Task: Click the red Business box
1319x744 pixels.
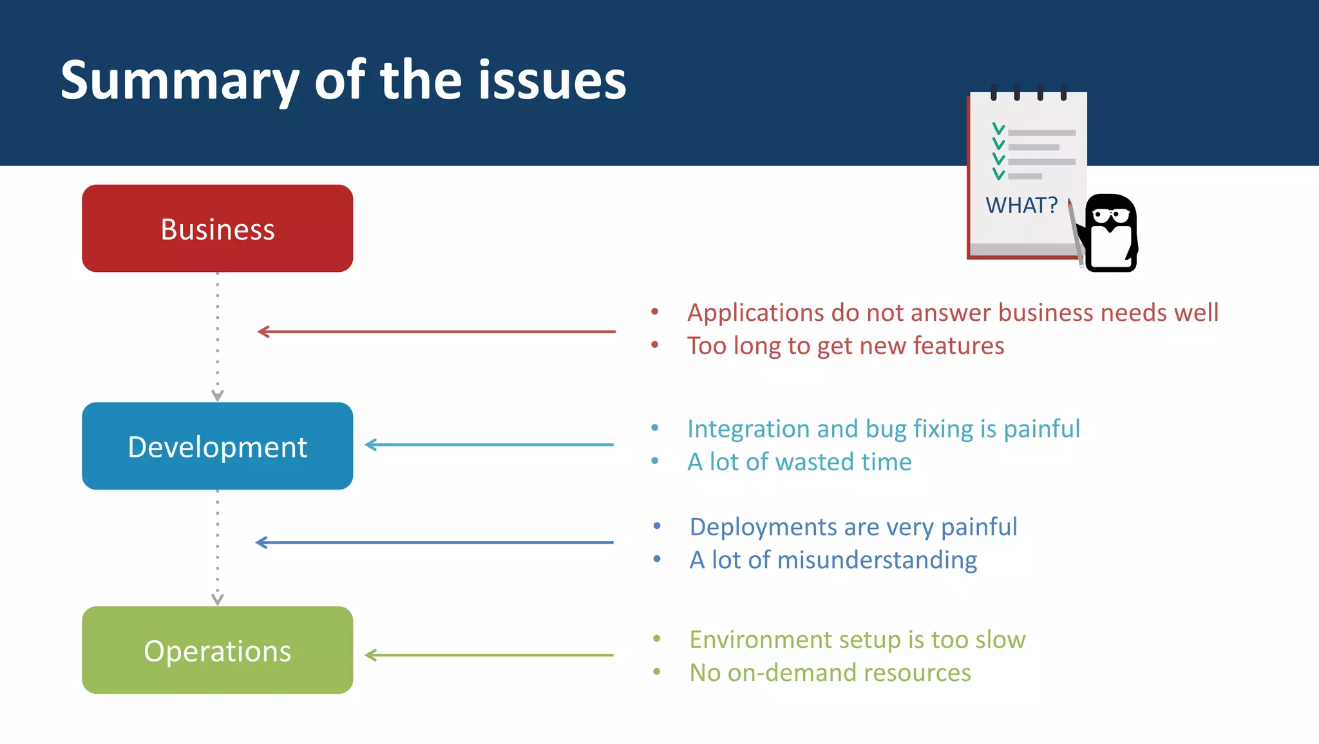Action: point(217,228)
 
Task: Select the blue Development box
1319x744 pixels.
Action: point(217,446)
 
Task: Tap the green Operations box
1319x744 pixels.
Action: point(217,650)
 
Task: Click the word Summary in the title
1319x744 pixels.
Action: point(179,81)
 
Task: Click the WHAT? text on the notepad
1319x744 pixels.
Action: point(1021,205)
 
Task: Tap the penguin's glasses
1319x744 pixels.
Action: point(1112,215)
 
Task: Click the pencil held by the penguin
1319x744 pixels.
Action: point(1075,232)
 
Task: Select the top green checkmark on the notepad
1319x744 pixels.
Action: point(998,129)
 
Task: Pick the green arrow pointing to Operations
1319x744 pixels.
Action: point(489,655)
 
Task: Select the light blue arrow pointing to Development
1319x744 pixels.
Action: point(489,444)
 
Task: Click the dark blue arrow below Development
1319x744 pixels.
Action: point(435,542)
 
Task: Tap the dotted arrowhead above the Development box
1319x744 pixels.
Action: point(218,395)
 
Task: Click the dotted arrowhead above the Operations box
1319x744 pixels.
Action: point(218,599)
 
